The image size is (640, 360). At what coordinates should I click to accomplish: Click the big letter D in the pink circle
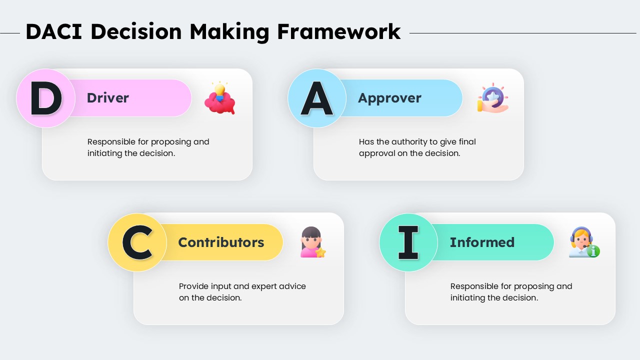point(46,98)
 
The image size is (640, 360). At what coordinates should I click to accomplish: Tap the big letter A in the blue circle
point(317,98)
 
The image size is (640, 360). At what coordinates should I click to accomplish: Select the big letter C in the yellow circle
point(137,242)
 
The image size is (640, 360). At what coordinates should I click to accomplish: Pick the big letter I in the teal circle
point(408,242)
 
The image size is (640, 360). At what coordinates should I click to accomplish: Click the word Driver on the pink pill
point(107,98)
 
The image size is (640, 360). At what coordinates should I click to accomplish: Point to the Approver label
point(389,98)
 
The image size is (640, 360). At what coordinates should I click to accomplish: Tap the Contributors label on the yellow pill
point(221,242)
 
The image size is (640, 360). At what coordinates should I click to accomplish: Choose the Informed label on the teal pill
point(482,242)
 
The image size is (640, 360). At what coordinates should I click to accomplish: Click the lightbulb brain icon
point(220,98)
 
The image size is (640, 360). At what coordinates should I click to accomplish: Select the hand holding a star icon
point(492,98)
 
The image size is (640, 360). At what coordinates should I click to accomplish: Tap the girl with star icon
point(312,242)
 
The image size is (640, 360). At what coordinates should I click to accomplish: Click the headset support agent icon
point(583,242)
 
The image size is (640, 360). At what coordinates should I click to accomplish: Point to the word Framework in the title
point(338,32)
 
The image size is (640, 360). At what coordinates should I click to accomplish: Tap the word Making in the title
point(229,32)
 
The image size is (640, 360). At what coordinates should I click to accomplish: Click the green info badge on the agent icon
point(593,251)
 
